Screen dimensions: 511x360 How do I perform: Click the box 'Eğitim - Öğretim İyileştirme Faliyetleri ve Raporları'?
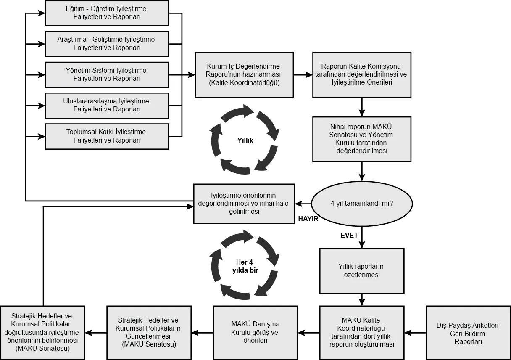(107, 13)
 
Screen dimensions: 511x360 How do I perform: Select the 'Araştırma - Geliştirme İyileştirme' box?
(107, 44)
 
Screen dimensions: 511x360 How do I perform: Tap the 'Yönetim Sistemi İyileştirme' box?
(107, 74)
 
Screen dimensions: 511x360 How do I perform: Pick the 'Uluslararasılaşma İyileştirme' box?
(107, 106)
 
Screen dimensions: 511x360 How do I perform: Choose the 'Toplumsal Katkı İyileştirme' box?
(107, 136)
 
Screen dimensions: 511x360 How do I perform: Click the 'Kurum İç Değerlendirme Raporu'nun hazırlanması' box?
(244, 74)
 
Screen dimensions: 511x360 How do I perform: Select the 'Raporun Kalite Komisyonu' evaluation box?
(362, 74)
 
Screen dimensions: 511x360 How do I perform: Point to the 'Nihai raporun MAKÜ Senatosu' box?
(362, 139)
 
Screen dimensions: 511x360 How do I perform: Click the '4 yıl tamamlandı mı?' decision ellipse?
(362, 204)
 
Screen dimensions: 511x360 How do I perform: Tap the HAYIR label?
(308, 219)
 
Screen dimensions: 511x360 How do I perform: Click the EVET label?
(349, 235)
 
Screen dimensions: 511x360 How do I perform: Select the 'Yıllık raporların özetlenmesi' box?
(362, 271)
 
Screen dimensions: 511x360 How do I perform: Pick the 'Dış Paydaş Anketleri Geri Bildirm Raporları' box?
(468, 333)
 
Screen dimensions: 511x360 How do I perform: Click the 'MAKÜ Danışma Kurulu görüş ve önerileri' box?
(255, 333)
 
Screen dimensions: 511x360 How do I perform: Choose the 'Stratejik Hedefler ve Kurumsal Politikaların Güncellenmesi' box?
(149, 333)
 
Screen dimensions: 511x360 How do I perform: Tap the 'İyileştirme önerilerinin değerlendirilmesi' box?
(244, 204)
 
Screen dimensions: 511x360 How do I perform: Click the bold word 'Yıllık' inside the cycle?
(245, 140)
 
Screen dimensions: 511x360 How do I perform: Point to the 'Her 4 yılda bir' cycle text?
(245, 266)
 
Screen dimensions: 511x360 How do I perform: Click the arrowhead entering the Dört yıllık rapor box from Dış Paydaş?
(408, 333)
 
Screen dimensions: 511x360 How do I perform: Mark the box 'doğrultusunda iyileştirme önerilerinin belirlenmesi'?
(42, 333)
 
